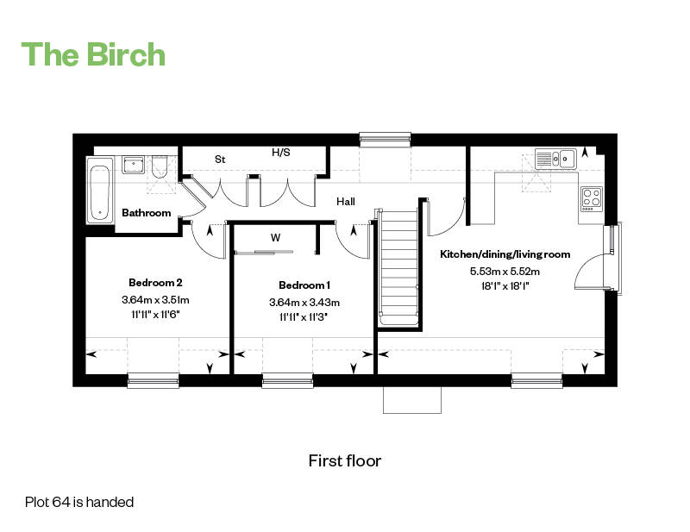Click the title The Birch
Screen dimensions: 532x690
(93, 53)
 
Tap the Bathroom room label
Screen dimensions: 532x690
(146, 213)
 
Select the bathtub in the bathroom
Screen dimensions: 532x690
(100, 190)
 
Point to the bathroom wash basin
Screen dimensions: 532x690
(133, 164)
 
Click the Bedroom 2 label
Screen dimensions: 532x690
(155, 282)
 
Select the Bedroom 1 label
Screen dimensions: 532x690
(304, 285)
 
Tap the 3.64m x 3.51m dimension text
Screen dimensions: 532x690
(155, 299)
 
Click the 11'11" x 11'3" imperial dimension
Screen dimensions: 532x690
(304, 316)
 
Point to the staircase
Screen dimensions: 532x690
(399, 267)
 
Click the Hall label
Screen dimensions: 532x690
(346, 201)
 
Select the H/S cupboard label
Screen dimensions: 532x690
(281, 153)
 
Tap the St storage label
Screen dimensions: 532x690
(220, 160)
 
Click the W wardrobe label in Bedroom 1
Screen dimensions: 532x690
(275, 237)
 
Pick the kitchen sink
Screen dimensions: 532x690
(555, 158)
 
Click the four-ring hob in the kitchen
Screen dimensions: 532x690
(591, 198)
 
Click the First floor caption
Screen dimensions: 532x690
(345, 460)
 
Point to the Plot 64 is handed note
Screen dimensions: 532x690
(79, 501)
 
